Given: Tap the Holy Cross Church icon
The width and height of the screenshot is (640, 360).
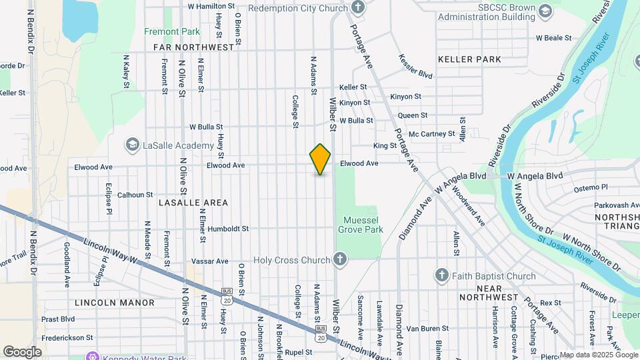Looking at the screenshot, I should coord(340,259).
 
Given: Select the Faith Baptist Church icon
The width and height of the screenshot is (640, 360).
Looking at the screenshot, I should coord(441,275).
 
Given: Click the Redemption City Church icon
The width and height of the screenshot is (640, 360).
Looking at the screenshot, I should coord(358,8).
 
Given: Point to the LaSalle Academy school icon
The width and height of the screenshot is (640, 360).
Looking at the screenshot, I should coord(132,145).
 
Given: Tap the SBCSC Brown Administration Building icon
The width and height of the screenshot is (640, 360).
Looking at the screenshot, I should coord(545,11).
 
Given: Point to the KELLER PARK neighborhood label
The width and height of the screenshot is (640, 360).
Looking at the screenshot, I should coord(469,59).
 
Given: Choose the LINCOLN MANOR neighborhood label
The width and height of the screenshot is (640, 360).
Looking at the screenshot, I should coord(115,303).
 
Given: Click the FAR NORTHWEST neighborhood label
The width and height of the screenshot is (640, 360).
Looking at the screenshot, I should coord(194,47).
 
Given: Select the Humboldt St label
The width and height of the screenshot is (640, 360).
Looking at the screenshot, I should coord(228,229).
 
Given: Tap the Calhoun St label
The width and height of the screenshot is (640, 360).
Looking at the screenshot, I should coord(135,195).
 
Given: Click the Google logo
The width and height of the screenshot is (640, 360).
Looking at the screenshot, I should coord(22,352).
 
